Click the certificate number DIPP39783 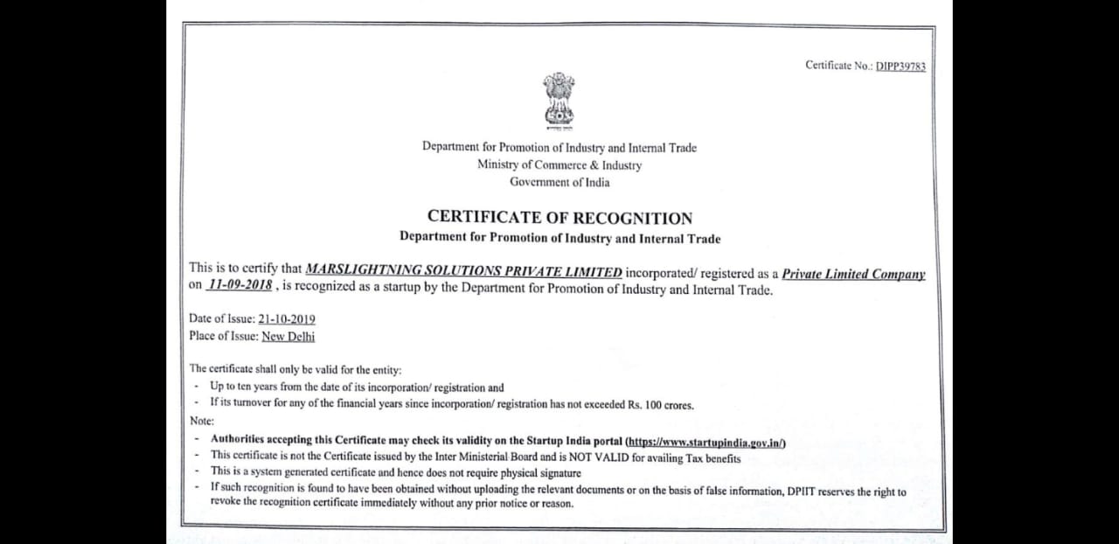[900, 66]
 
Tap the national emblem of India [559, 99]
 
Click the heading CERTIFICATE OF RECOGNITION [559, 218]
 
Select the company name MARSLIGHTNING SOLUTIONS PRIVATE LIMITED [463, 273]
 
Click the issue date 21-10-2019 [287, 319]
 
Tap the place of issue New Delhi [288, 337]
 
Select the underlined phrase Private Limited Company [853, 274]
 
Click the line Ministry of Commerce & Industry [559, 164]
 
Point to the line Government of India [559, 182]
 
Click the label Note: [202, 421]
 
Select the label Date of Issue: [222, 319]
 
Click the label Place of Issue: [224, 337]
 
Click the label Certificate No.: [839, 66]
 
